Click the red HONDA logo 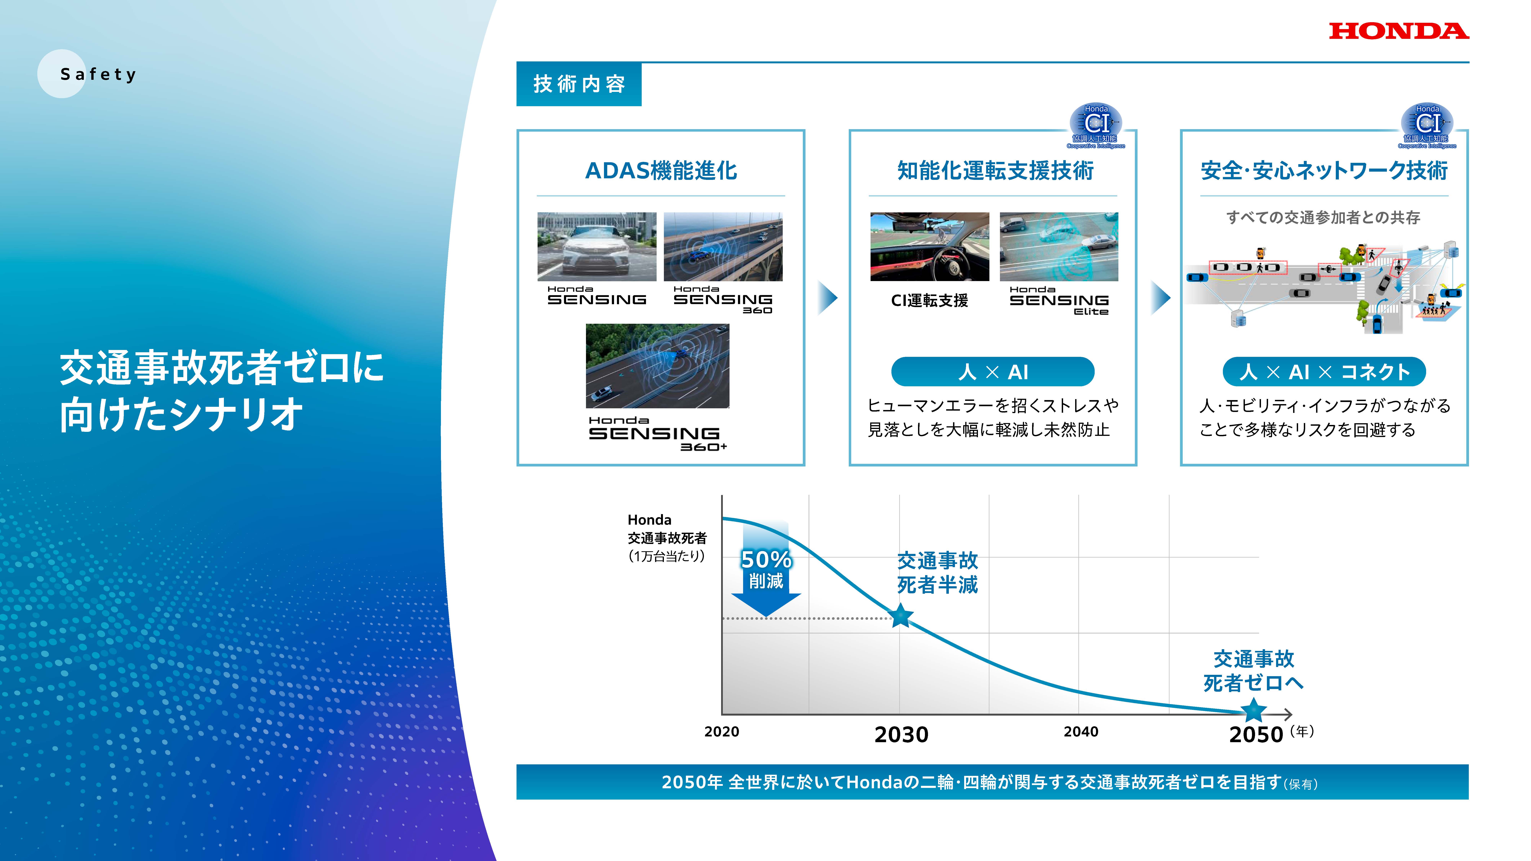tap(1398, 31)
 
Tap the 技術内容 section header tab tap(579, 84)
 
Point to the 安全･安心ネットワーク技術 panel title tap(1324, 170)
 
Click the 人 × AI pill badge tap(992, 372)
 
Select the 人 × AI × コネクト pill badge tap(1324, 372)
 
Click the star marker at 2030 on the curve tap(901, 616)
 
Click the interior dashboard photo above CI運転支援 tap(930, 247)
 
